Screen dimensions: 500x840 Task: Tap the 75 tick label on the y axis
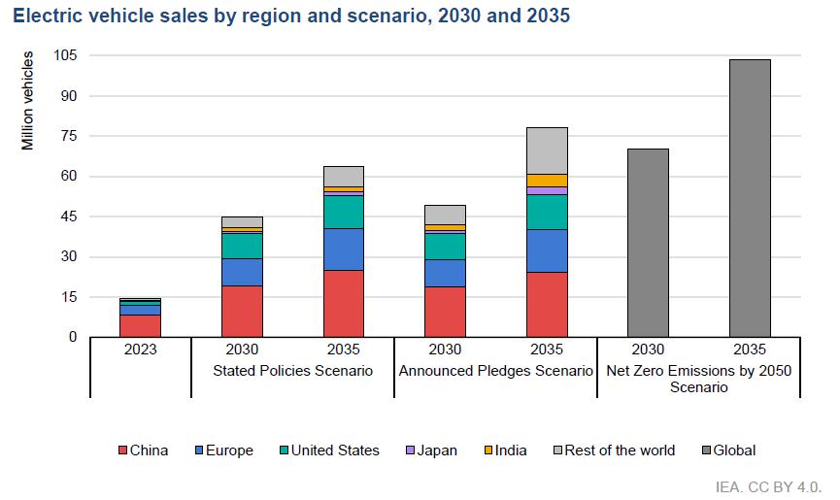(x=68, y=136)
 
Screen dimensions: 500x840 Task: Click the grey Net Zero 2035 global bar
(x=750, y=198)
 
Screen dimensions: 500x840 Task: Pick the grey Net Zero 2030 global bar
(x=648, y=243)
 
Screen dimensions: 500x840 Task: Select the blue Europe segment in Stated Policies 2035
(x=344, y=250)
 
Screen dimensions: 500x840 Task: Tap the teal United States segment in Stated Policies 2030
(x=243, y=246)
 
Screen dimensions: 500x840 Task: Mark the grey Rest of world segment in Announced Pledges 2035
(x=547, y=150)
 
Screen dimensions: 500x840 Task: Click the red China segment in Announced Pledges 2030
(x=446, y=312)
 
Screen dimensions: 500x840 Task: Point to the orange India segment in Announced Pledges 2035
(x=547, y=180)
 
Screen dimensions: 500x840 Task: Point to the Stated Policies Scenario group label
(x=292, y=371)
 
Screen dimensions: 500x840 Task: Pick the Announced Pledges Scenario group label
(x=496, y=371)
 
